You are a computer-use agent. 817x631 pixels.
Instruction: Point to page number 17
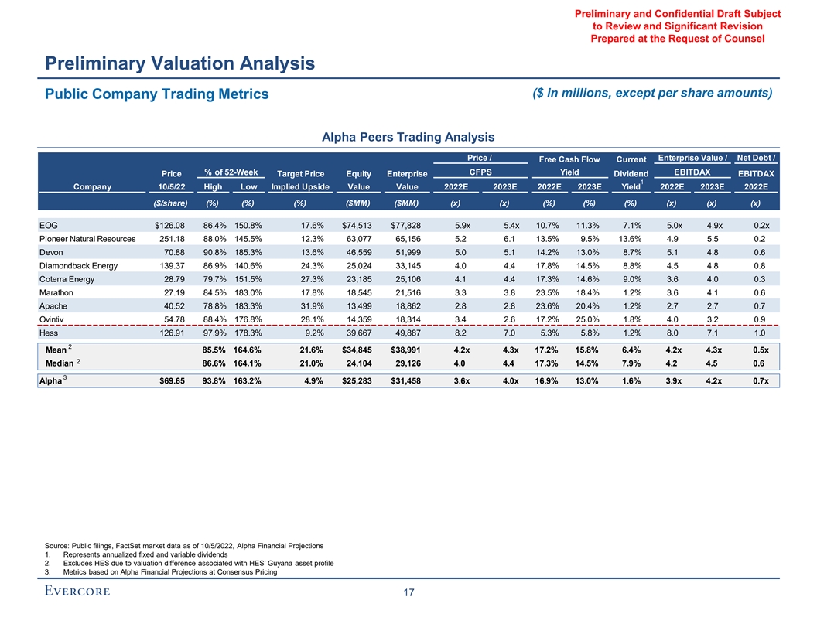point(408,593)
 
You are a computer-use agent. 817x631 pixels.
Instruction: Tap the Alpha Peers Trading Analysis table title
point(408,138)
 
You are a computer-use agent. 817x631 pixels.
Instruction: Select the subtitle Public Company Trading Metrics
point(155,94)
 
